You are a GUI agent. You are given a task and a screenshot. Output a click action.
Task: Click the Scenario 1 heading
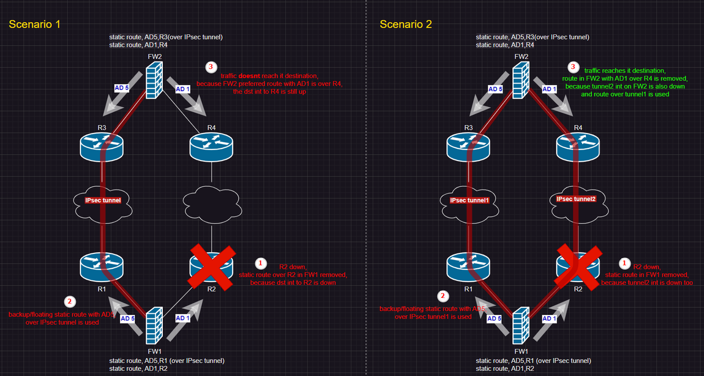(x=35, y=24)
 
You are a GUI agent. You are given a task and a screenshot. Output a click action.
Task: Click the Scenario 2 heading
(x=406, y=24)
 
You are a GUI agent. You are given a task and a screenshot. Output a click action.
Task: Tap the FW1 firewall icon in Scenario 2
(x=521, y=328)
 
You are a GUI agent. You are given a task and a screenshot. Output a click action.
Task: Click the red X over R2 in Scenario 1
(x=212, y=266)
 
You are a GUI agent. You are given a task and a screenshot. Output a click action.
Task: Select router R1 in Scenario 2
(x=468, y=266)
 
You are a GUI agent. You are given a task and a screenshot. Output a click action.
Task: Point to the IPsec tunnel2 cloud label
(x=576, y=199)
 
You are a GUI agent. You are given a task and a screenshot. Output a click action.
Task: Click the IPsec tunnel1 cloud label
(x=469, y=200)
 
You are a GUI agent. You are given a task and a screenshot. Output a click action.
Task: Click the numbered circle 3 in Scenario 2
(x=574, y=67)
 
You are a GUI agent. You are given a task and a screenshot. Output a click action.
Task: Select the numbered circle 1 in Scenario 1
(x=262, y=263)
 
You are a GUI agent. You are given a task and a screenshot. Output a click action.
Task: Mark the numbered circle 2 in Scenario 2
(x=440, y=295)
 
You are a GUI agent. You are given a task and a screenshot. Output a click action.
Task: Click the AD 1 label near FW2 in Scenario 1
(x=183, y=89)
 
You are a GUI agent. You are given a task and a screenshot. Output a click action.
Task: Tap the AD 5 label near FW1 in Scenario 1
(x=128, y=318)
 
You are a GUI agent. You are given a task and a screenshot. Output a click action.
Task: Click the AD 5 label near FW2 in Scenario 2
(x=495, y=89)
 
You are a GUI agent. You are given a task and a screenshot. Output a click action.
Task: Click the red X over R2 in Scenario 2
(x=578, y=266)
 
